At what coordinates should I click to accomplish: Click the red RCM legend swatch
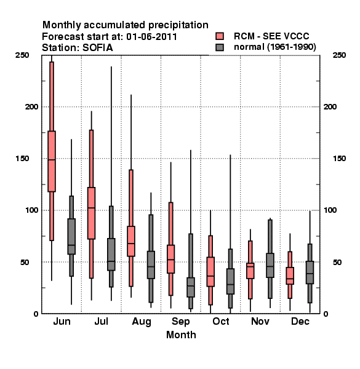coord(220,36)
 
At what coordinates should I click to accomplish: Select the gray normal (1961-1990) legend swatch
coord(220,47)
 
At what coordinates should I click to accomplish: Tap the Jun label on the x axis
coord(62,322)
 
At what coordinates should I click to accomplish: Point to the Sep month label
coord(180,322)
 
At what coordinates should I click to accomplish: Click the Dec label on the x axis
coord(300,322)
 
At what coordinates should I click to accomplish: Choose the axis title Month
coord(181,335)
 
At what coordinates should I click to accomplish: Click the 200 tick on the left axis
coord(31,107)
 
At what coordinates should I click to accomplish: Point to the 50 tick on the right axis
coord(337,262)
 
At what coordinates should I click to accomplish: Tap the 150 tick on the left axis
coord(22,159)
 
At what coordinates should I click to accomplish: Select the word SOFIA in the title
coord(97,48)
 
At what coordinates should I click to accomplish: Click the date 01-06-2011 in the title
coord(151,37)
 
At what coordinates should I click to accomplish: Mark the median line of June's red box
coord(52,160)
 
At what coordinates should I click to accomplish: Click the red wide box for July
coord(91,213)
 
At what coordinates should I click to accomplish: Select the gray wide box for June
coord(71,236)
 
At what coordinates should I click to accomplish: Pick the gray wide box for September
coord(191,287)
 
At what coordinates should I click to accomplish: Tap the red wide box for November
coord(250,271)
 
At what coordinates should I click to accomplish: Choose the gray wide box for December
coord(310,272)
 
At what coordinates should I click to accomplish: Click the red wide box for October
coord(210,272)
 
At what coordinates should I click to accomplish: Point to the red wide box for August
coord(131,241)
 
